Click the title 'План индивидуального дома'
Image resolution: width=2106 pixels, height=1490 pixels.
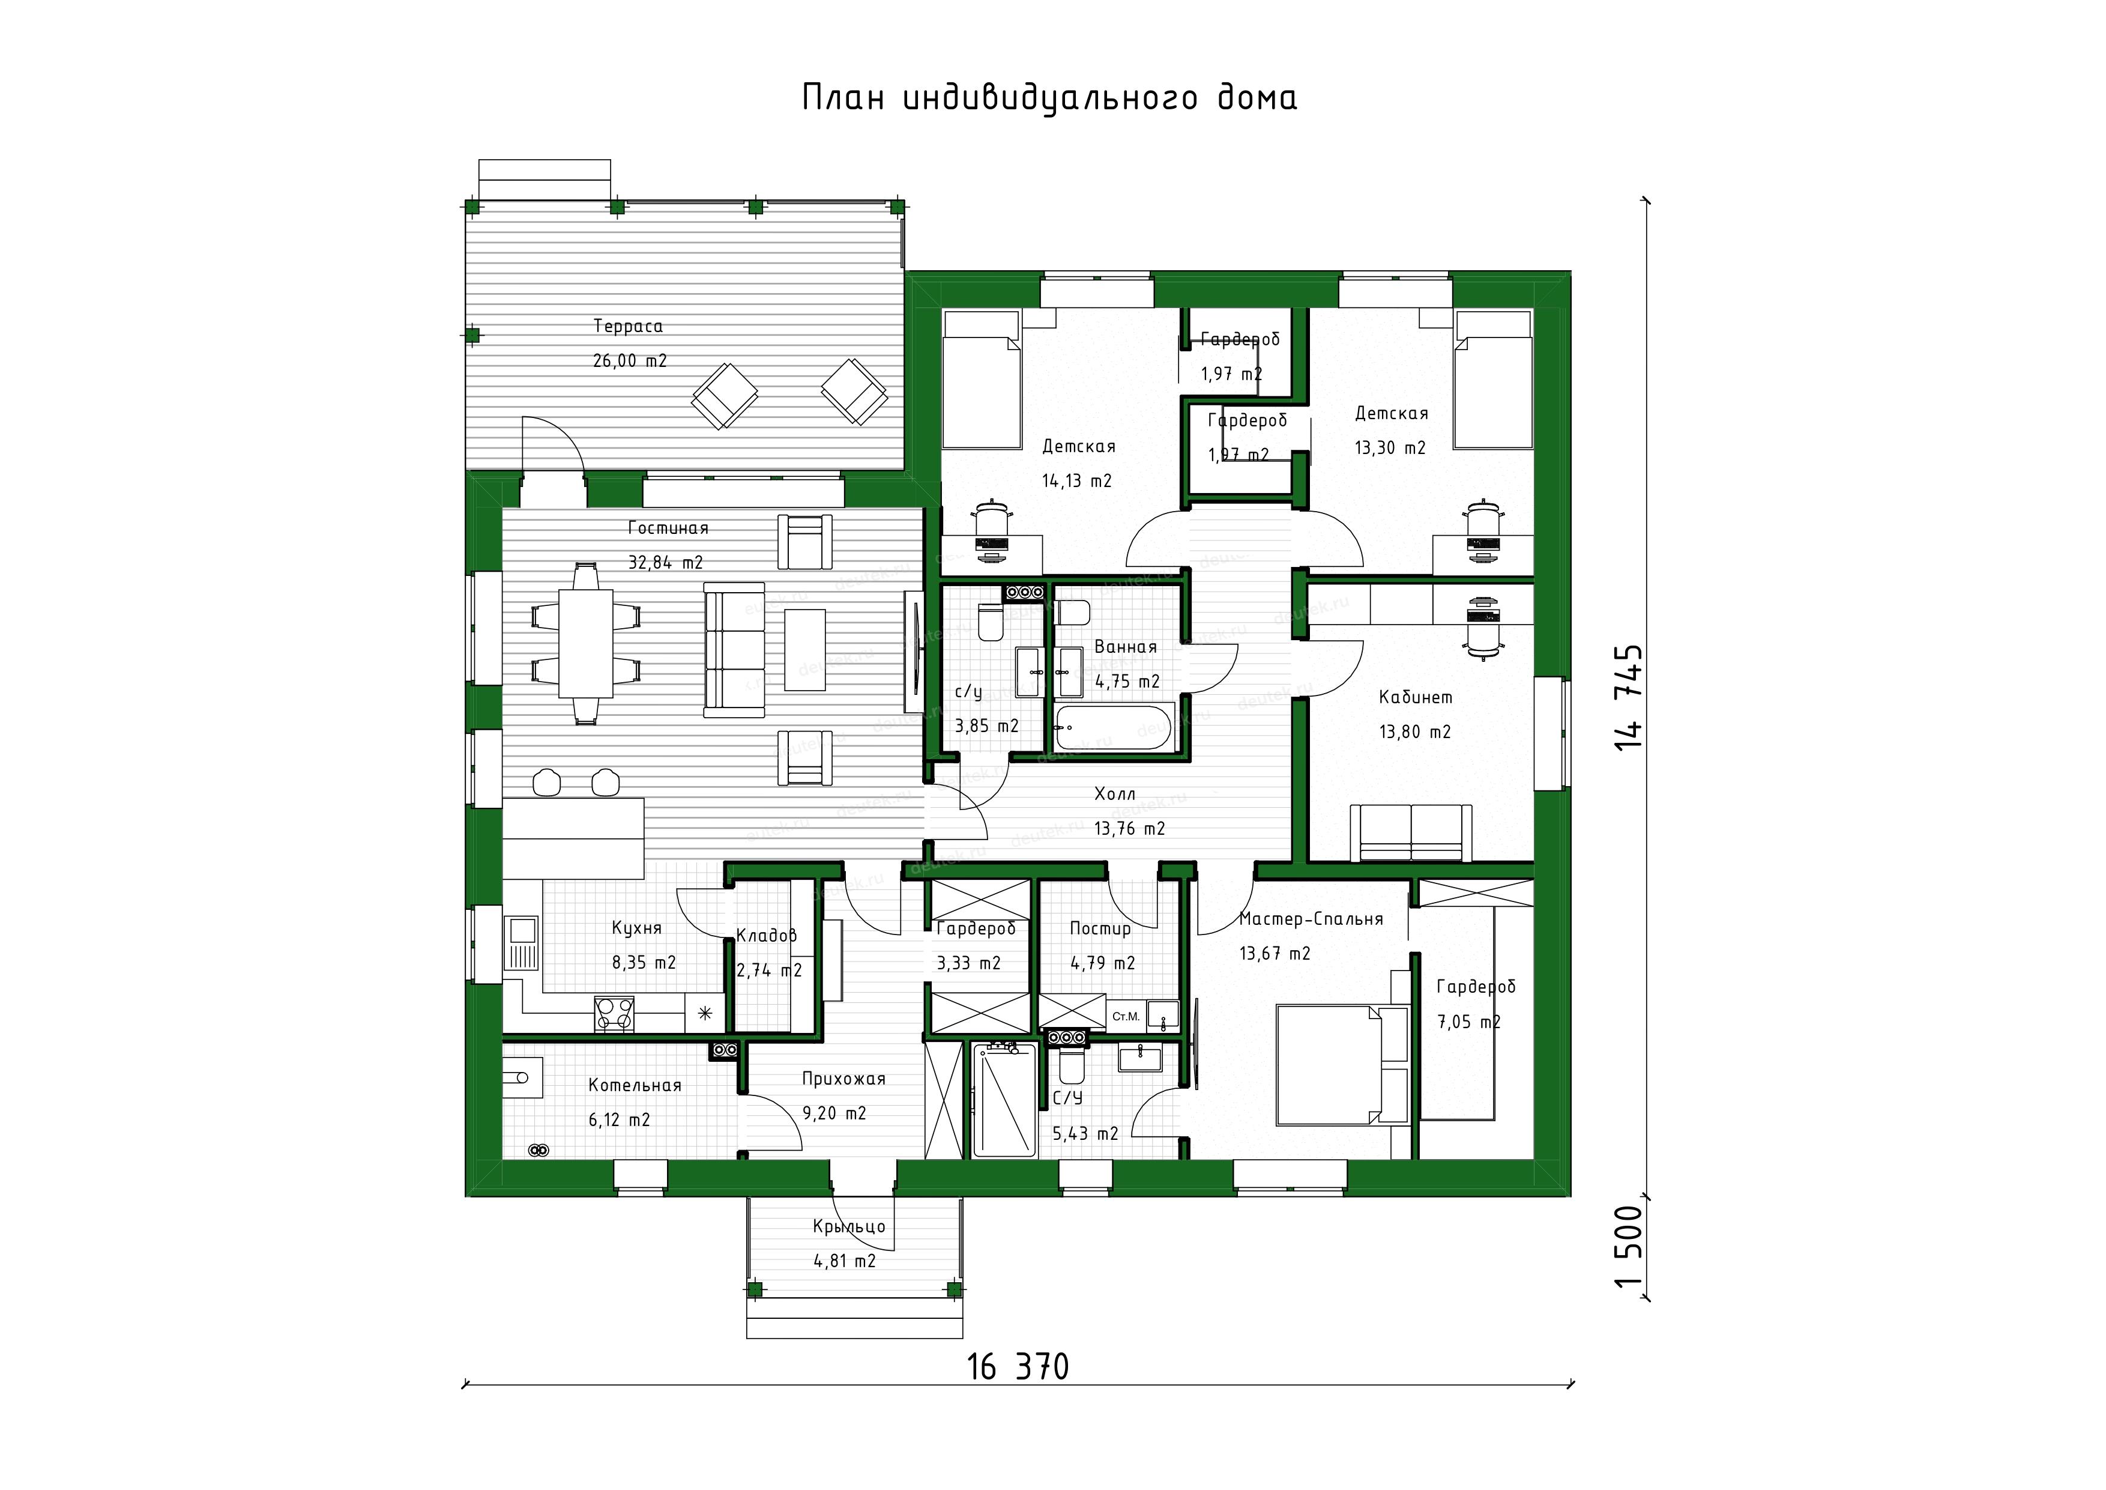click(1049, 98)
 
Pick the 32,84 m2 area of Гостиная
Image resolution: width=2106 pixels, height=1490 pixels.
click(665, 562)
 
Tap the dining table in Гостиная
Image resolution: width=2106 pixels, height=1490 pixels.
click(587, 644)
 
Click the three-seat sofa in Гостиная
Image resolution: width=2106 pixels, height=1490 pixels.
click(734, 650)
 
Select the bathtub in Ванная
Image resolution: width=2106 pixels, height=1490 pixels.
click(1112, 727)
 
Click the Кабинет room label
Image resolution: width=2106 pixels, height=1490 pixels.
click(1416, 697)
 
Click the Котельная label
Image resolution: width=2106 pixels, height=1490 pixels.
click(635, 1085)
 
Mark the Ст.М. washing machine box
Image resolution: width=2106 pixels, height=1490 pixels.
click(1126, 1017)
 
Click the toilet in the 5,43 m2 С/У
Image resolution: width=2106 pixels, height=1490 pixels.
click(1070, 1064)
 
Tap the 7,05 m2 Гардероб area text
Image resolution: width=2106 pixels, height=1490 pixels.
click(1468, 1022)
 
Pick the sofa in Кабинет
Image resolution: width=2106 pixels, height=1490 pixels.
click(1411, 833)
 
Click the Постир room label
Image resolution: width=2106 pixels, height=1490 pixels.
click(1100, 928)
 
